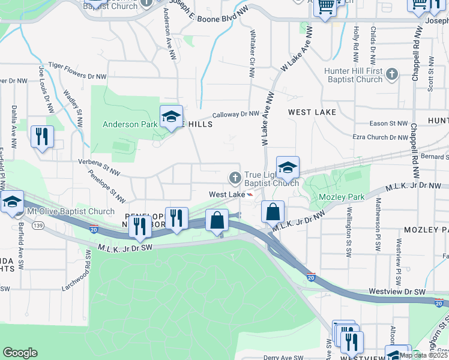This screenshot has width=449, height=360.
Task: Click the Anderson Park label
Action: click(x=130, y=125)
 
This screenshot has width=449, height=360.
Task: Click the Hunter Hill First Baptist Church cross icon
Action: click(x=392, y=74)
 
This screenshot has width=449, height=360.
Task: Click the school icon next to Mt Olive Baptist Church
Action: click(x=11, y=202)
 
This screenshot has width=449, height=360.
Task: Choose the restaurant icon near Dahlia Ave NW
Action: click(x=42, y=136)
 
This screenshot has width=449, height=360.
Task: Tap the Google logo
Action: click(x=20, y=353)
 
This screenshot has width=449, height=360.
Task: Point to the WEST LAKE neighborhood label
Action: click(x=312, y=112)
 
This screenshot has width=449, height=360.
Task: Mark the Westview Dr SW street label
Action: click(x=397, y=292)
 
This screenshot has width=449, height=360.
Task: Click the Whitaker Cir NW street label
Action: click(x=252, y=54)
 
